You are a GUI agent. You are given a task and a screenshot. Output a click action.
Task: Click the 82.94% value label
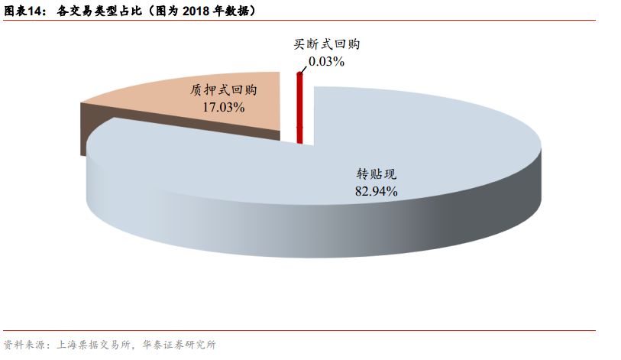pos(376,191)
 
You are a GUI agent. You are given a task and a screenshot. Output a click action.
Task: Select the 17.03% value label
pos(223,108)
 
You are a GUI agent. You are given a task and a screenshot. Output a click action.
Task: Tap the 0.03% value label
pos(326,61)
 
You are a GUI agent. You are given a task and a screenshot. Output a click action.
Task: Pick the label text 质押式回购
pos(223,90)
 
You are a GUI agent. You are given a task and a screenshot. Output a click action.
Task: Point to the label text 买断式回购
pos(326,44)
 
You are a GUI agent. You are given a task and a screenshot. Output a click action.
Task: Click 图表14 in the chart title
pos(25,11)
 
